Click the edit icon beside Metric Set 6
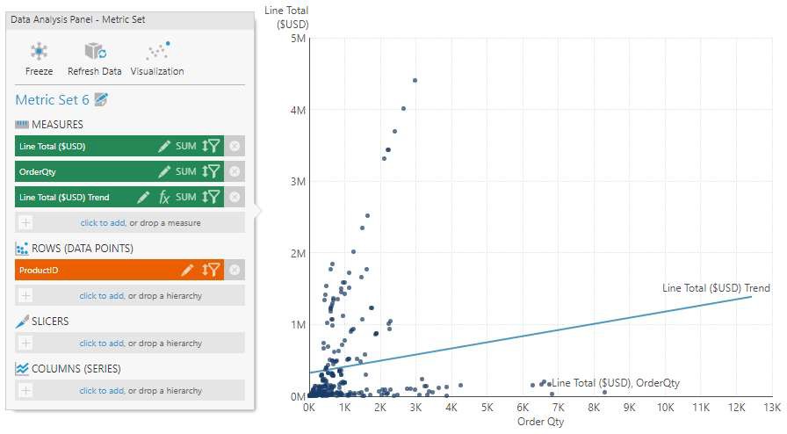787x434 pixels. click(101, 100)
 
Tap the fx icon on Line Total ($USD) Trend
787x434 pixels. click(164, 198)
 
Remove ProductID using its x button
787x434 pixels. click(235, 270)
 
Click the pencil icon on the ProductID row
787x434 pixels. click(187, 270)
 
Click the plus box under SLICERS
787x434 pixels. click(25, 344)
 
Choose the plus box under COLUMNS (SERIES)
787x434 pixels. click(25, 391)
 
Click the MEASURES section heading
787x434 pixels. click(57, 125)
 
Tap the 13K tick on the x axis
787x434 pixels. click(772, 409)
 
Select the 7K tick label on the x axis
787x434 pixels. click(559, 409)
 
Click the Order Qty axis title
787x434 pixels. click(540, 423)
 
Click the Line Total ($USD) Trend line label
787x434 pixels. click(716, 288)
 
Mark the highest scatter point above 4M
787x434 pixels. click(415, 80)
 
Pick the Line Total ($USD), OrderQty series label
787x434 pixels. click(616, 383)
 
